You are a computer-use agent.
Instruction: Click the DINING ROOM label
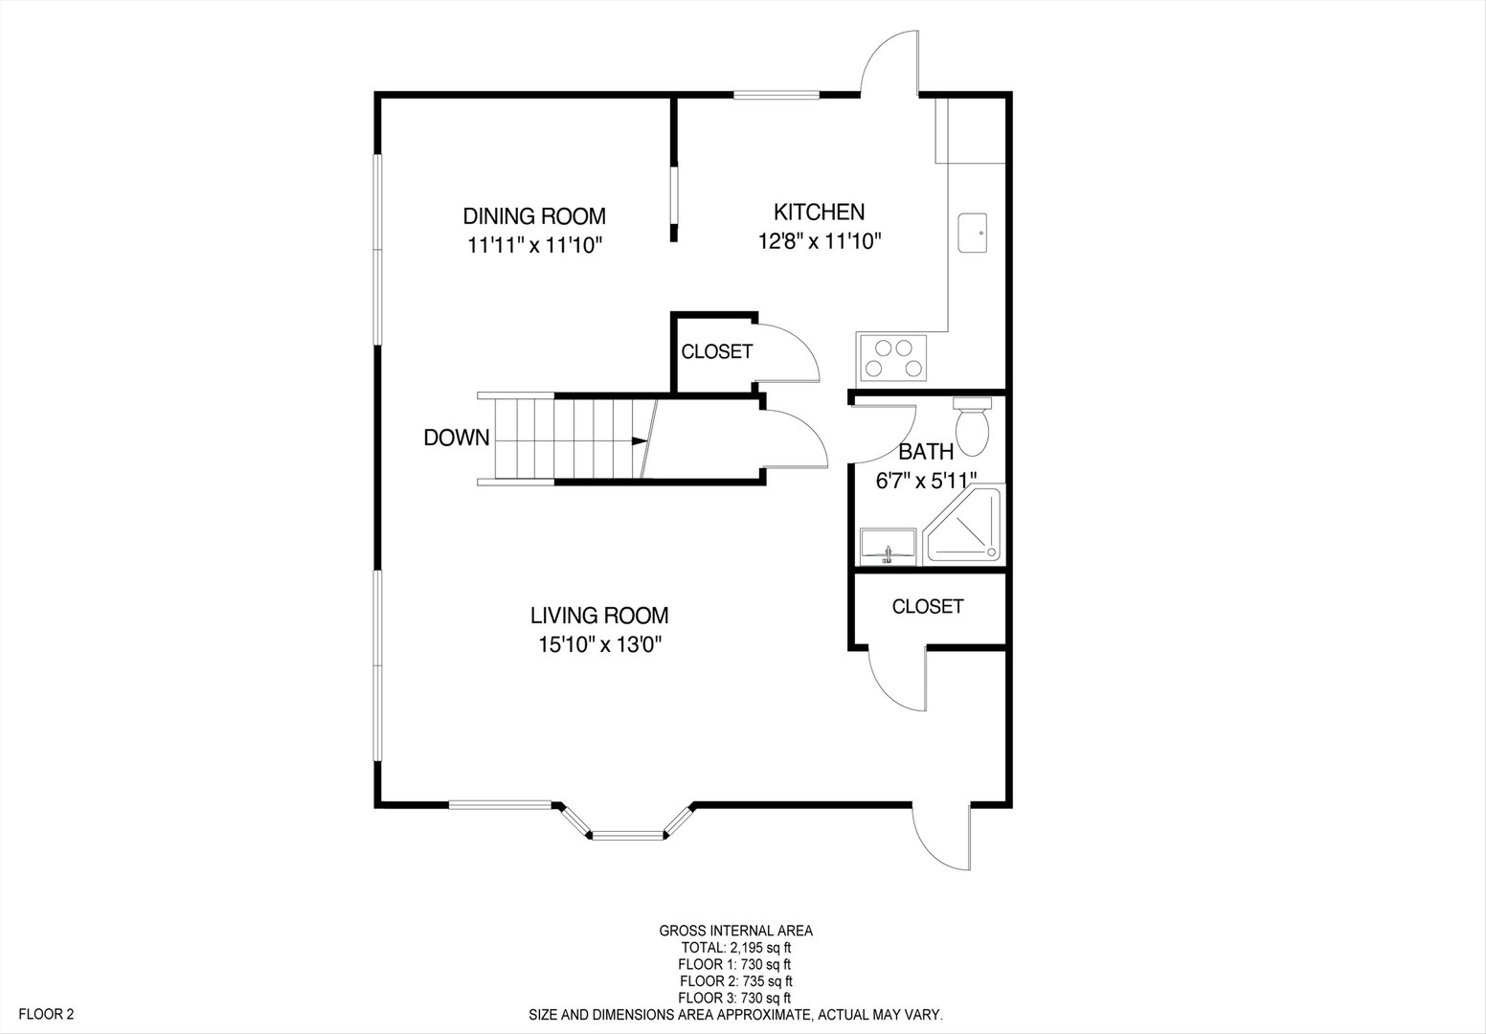pos(534,216)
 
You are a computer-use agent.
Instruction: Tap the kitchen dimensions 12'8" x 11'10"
pos(820,240)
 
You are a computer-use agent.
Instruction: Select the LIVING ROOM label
pos(599,616)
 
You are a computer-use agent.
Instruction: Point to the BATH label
pos(926,452)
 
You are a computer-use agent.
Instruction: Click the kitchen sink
pos(973,233)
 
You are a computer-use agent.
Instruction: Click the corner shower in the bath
pos(964,524)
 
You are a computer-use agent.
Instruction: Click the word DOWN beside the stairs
pos(457,438)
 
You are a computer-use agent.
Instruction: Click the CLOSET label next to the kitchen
pos(716,351)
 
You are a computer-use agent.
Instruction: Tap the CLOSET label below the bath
pos(928,606)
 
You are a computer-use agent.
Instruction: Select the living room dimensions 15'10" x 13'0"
pos(599,644)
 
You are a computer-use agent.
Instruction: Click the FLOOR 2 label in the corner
pos(46,1014)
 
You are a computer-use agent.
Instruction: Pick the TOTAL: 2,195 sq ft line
pos(735,949)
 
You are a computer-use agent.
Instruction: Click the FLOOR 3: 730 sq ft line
pos(734,998)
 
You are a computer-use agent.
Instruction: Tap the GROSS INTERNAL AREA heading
pos(735,932)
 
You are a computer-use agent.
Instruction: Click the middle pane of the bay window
pos(627,836)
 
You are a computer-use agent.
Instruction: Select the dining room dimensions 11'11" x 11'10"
pos(534,245)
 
